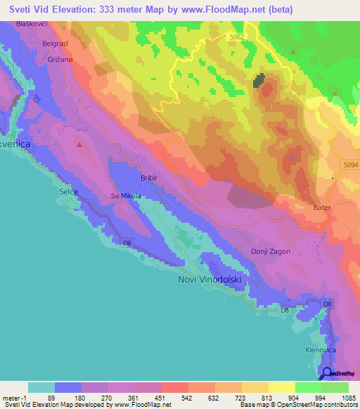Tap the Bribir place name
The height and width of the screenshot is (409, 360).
pos(152,178)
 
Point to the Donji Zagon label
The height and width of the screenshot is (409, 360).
pos(270,251)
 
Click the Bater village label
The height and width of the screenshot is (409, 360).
pos(323,209)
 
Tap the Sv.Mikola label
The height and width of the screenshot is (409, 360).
pos(126,196)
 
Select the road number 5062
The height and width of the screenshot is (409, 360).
pos(238,36)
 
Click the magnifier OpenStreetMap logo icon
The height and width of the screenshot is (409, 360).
pos(326,374)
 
